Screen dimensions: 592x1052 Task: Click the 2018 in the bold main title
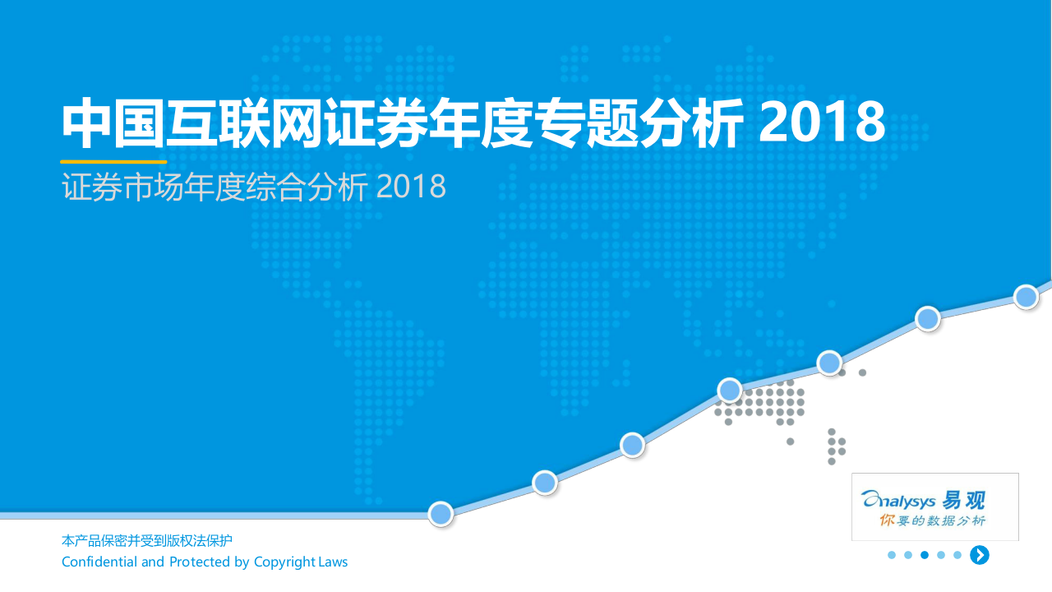(x=821, y=123)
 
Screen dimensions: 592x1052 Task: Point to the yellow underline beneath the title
(x=113, y=162)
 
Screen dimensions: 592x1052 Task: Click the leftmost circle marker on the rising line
(x=441, y=514)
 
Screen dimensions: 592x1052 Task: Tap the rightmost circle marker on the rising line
(x=1026, y=296)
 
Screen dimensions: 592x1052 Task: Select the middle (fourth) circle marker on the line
(x=730, y=390)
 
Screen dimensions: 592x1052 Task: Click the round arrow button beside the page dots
(x=979, y=555)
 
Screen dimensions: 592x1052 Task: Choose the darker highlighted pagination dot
(x=925, y=555)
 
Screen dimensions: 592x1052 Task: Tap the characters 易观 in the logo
(x=963, y=499)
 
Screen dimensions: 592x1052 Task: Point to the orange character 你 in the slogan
(x=887, y=520)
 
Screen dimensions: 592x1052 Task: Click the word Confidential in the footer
(x=99, y=562)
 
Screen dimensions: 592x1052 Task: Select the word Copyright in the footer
(x=284, y=562)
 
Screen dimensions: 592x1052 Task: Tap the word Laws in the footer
(x=334, y=562)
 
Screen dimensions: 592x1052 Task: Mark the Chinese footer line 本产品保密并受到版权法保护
(x=147, y=541)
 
